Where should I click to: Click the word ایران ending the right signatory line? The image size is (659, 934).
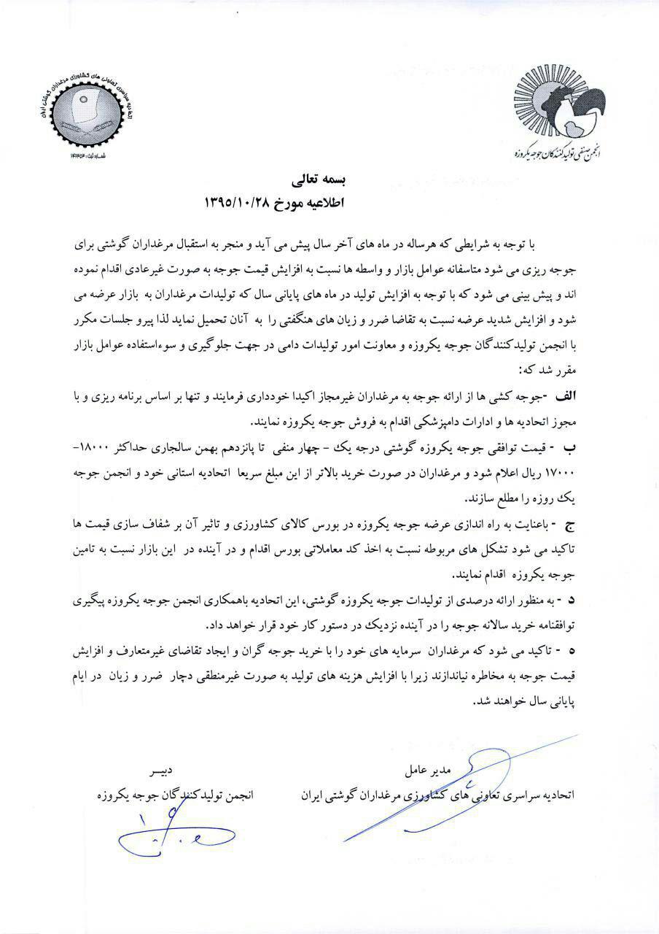[x=313, y=795]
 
